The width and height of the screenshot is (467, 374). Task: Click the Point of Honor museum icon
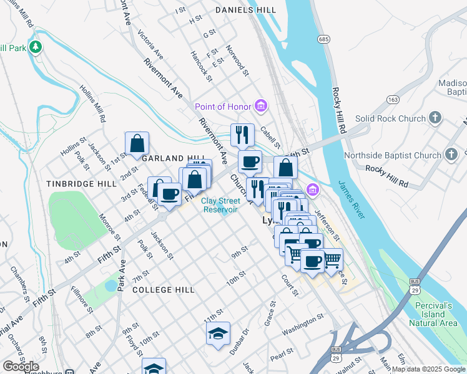(261, 107)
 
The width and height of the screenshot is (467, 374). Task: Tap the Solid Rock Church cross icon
(436, 118)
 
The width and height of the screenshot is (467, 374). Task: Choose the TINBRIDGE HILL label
(81, 184)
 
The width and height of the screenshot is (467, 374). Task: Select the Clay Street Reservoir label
(220, 205)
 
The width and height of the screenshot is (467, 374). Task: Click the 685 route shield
(323, 39)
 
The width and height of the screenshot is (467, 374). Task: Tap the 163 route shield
(393, 99)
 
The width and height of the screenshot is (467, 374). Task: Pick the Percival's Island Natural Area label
(435, 314)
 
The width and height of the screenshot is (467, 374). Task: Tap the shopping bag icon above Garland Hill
(137, 144)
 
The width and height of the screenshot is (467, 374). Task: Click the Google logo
(21, 367)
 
